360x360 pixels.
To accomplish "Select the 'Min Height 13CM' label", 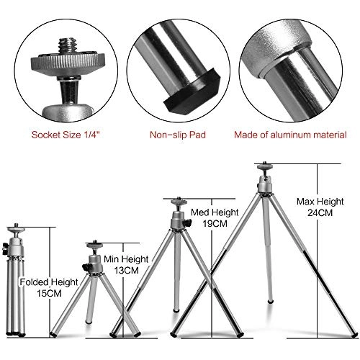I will pos(130,264).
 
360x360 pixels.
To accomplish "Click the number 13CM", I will pos(130,270).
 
